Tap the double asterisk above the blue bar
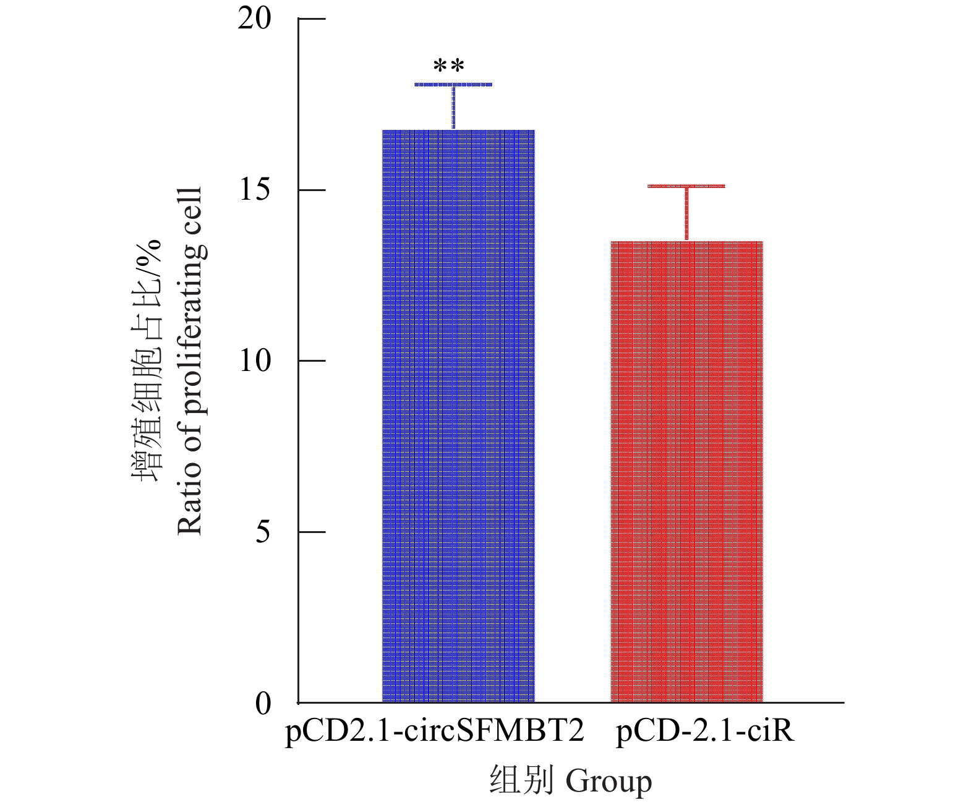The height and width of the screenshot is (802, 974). point(449,66)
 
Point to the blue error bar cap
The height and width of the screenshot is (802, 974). point(453,84)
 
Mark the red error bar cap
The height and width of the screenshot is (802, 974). point(686,186)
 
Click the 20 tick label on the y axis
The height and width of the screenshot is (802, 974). point(255,19)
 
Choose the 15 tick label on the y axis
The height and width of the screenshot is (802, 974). point(255,190)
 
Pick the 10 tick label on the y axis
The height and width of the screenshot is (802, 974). point(255,360)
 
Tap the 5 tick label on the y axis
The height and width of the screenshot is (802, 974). point(263,532)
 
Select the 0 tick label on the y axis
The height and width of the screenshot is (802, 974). point(263,703)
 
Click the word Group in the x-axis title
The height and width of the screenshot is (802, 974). point(609,782)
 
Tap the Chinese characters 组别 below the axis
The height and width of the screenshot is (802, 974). point(521,780)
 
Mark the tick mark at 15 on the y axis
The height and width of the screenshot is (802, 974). point(312,190)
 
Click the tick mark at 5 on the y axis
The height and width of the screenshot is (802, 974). point(312,532)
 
